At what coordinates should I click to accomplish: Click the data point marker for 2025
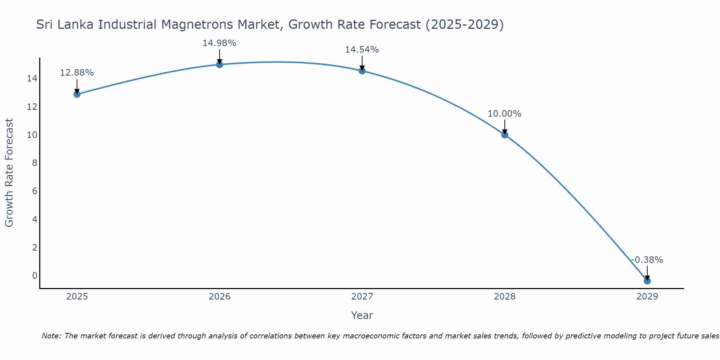[77, 94]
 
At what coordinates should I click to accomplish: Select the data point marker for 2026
[219, 65]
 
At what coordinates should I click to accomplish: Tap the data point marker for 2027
[362, 71]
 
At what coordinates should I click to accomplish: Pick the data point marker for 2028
[504, 135]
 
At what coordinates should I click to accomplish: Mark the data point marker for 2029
[647, 281]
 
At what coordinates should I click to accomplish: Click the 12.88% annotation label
[77, 73]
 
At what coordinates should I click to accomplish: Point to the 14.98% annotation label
[219, 43]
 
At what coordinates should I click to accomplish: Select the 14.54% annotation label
[362, 50]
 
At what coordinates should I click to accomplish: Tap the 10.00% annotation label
[504, 114]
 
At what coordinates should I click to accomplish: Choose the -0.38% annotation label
[647, 260]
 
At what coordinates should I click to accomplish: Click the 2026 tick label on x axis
[219, 297]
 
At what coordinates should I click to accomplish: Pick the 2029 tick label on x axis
[647, 297]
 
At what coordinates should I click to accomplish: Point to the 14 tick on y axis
[32, 78]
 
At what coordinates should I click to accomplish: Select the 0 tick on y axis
[35, 276]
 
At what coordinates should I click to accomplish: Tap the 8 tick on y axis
[35, 163]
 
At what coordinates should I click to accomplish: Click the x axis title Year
[362, 315]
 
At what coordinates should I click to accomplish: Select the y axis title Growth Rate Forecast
[9, 173]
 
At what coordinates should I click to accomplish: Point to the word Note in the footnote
[51, 336]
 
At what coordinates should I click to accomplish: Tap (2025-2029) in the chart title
[464, 25]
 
